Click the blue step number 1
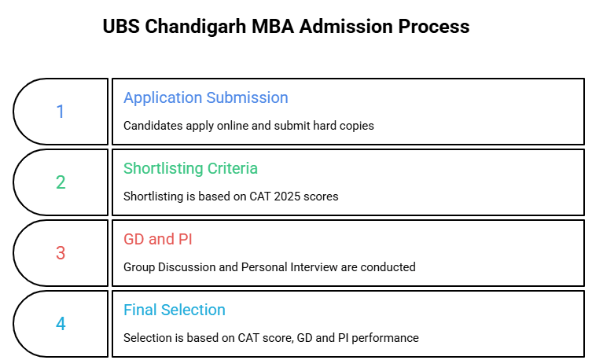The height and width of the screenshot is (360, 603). [61, 112]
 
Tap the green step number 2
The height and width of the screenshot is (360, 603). [61, 182]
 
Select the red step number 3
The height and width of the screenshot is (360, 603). [61, 253]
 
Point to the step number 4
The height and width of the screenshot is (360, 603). [61, 324]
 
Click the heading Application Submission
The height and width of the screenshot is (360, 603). [206, 98]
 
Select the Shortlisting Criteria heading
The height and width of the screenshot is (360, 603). [190, 168]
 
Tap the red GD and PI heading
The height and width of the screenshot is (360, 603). [158, 239]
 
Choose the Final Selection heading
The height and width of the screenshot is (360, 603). [175, 310]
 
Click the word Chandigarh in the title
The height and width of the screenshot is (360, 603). [195, 27]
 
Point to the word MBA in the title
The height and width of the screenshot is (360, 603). [273, 27]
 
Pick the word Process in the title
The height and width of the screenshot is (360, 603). [434, 27]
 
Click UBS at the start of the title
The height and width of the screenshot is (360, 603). [121, 27]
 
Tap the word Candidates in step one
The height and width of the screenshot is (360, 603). [153, 126]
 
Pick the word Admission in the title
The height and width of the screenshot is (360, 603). [346, 27]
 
